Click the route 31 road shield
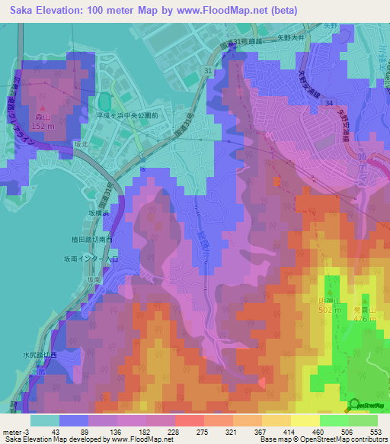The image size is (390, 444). [208, 70]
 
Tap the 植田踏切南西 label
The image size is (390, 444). [91, 240]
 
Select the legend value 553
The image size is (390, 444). [374, 433]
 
